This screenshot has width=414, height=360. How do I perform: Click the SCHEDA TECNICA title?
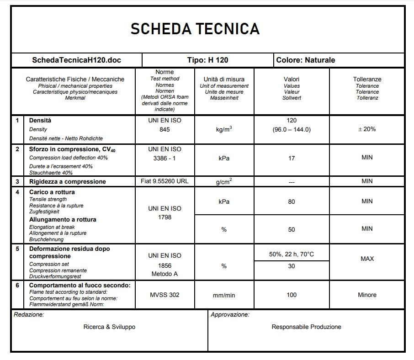195,29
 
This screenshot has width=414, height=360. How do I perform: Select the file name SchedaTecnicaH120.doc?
77,60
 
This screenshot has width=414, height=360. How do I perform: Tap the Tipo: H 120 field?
207,60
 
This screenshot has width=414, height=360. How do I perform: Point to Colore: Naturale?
306,60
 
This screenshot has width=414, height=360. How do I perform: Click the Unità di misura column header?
224,79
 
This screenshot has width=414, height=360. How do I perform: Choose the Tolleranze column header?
367,79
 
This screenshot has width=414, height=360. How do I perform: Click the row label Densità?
40,121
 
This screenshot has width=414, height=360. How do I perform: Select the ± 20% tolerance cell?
367,129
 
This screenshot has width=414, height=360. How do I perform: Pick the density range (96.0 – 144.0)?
291,129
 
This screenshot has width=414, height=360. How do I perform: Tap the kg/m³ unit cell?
224,129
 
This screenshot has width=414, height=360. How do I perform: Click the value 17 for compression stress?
292,158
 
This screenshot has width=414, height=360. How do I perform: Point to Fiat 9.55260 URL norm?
165,181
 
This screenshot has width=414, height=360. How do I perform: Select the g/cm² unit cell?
224,181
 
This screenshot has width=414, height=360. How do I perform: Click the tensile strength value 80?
292,201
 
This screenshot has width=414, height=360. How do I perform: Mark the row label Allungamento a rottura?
63,220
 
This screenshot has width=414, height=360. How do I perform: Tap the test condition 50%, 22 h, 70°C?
292,254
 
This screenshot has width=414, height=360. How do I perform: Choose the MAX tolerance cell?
367,259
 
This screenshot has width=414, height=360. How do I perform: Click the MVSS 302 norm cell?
165,295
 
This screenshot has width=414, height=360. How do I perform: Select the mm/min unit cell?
224,295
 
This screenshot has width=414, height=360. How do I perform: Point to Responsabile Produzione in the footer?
306,327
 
